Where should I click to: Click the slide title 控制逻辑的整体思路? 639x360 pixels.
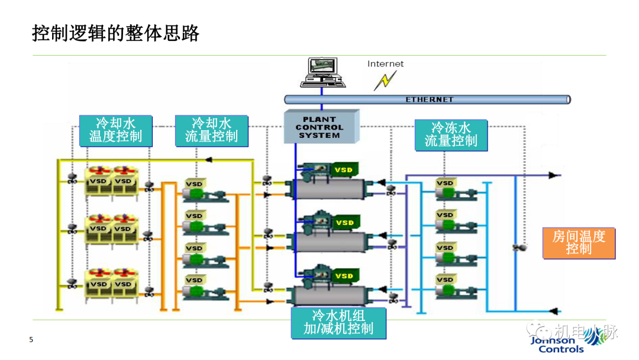click(x=115, y=33)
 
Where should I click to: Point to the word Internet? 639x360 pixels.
click(x=385, y=64)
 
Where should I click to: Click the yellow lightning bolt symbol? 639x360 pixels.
click(x=385, y=81)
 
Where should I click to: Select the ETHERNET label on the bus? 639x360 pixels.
click(x=429, y=99)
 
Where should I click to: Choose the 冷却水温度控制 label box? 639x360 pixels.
click(x=115, y=131)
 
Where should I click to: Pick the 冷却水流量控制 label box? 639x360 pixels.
click(x=211, y=131)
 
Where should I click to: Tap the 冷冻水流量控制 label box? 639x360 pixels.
click(x=451, y=135)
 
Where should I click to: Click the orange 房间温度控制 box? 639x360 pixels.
click(x=578, y=243)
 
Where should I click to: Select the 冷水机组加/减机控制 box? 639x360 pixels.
click(x=338, y=322)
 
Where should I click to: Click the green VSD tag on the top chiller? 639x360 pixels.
click(x=344, y=170)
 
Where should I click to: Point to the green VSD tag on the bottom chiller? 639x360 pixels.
click(x=344, y=276)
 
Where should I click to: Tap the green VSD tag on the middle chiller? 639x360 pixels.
click(x=344, y=223)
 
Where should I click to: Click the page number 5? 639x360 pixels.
click(x=31, y=340)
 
